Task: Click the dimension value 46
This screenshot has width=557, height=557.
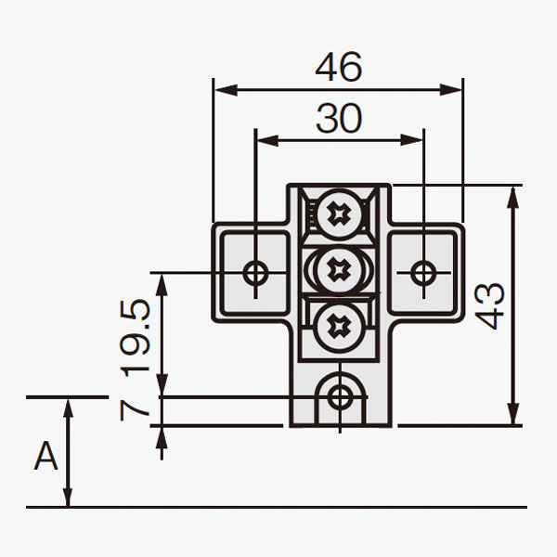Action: [339, 67]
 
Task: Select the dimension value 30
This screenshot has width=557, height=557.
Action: [339, 118]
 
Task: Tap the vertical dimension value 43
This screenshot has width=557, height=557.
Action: [489, 305]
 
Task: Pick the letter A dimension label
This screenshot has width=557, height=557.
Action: [45, 456]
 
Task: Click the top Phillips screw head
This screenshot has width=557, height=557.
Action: [339, 214]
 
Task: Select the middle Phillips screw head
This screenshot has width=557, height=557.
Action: [339, 269]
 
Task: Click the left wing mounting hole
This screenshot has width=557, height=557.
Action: [256, 272]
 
